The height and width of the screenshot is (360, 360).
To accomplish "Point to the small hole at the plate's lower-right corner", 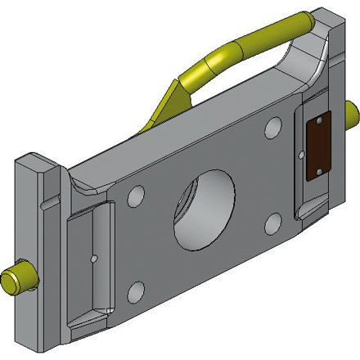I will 272,223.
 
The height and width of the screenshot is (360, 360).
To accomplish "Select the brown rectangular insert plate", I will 316,145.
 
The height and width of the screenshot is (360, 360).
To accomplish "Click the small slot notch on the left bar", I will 52,199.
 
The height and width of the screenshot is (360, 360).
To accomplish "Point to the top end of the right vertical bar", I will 326,16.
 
